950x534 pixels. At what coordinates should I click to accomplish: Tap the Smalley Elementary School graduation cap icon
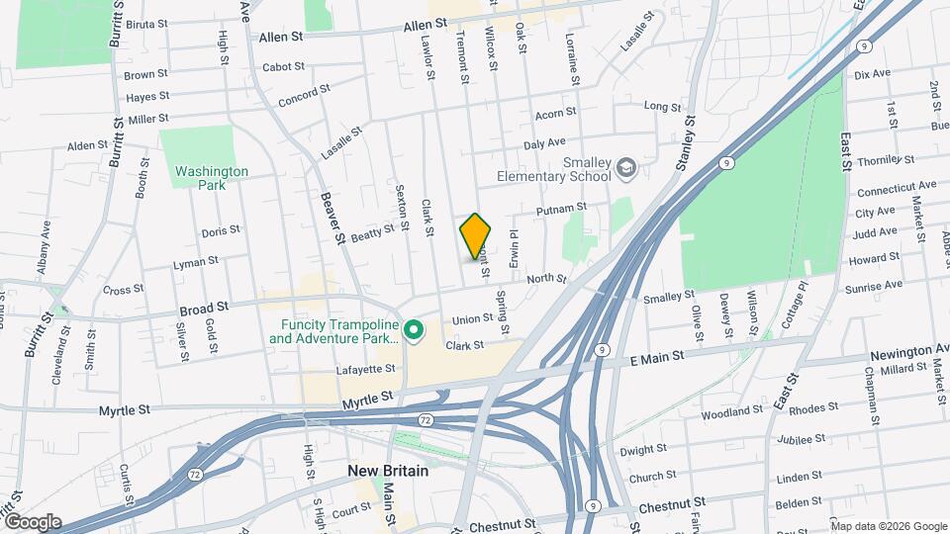(x=624, y=169)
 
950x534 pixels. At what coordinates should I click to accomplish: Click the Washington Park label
(x=212, y=177)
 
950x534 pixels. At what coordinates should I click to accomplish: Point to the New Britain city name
(x=388, y=471)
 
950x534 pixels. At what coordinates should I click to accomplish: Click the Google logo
(x=32, y=522)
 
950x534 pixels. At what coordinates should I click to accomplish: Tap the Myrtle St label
(x=125, y=409)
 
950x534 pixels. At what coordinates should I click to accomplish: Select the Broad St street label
(x=205, y=308)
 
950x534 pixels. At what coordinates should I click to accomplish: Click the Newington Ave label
(x=909, y=351)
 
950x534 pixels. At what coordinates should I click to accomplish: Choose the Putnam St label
(x=561, y=210)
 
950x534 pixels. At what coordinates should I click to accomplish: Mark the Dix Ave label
(x=872, y=74)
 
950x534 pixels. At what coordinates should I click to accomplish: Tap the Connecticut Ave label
(x=896, y=187)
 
